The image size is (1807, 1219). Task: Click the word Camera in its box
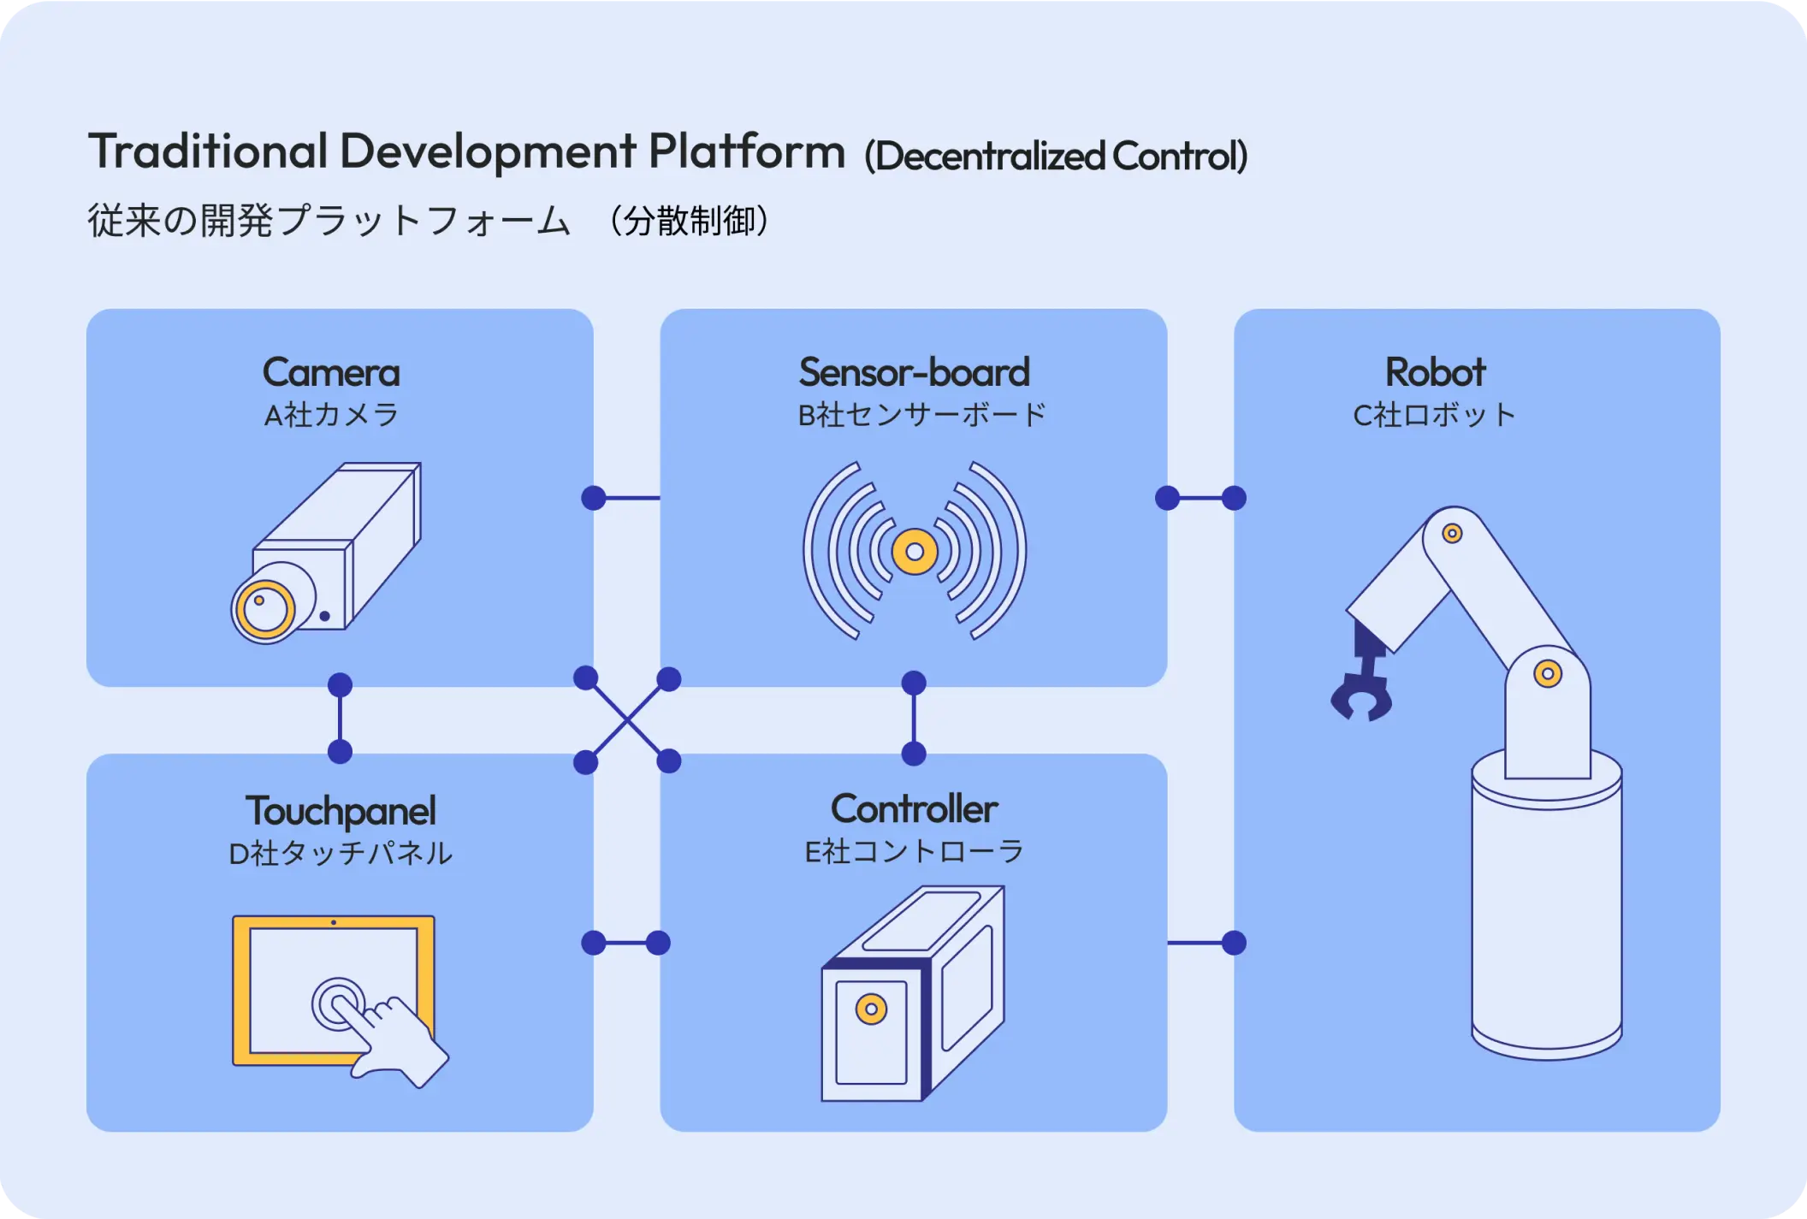coord(331,373)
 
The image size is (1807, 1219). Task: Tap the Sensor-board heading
coord(914,373)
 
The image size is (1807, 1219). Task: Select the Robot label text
coord(1435,373)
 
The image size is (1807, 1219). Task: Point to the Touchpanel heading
coord(341,811)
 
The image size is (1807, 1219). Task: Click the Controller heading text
coord(914,809)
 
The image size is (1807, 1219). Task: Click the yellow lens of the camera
coord(264,609)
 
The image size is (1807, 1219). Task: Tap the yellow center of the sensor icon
coord(914,552)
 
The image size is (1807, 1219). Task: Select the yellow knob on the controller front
coord(871,1009)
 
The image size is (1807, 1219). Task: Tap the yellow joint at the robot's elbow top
coord(1452,534)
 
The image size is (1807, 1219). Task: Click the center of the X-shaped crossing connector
coord(627,720)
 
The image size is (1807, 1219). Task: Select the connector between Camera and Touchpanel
coord(340,719)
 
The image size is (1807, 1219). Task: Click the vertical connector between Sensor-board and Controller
coord(914,719)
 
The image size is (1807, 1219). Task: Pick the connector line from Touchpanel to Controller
coord(625,943)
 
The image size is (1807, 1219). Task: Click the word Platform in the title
coord(746,152)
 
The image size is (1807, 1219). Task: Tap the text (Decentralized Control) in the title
coord(1056,157)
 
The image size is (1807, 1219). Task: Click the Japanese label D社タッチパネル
coord(341,854)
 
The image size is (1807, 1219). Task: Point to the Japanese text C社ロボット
coord(1435,416)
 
